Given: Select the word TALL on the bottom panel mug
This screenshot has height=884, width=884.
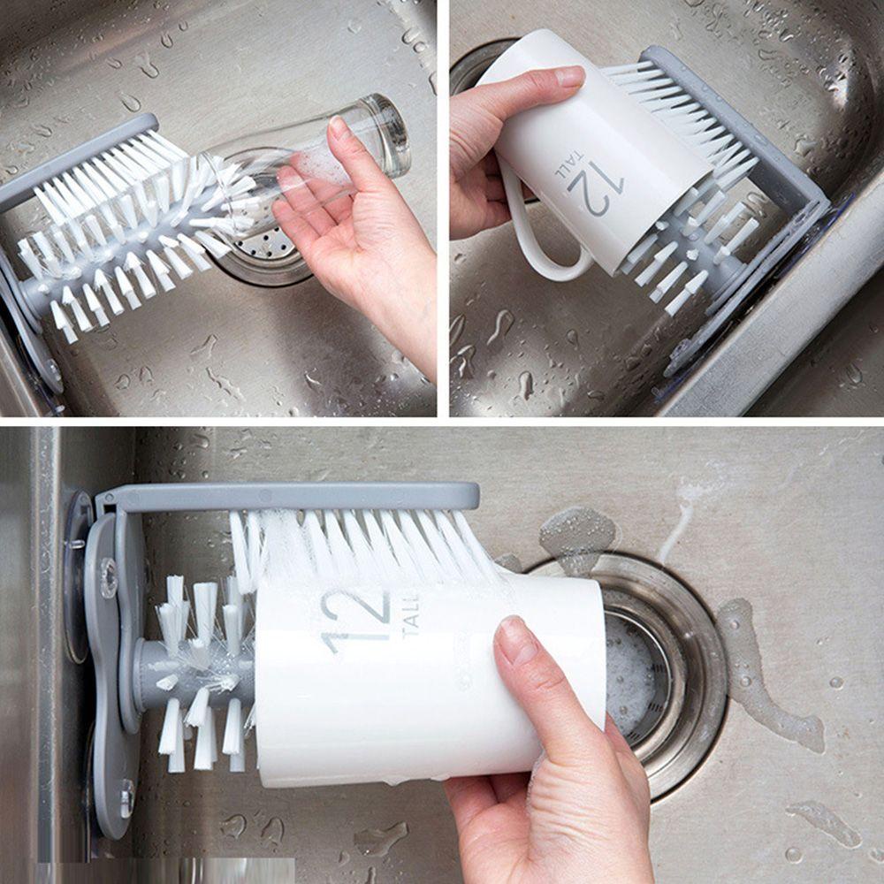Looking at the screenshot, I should [x=409, y=612].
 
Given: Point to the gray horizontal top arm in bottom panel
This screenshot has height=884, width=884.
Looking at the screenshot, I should [x=292, y=496].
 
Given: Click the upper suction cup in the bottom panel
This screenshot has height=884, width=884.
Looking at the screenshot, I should [x=78, y=575].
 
